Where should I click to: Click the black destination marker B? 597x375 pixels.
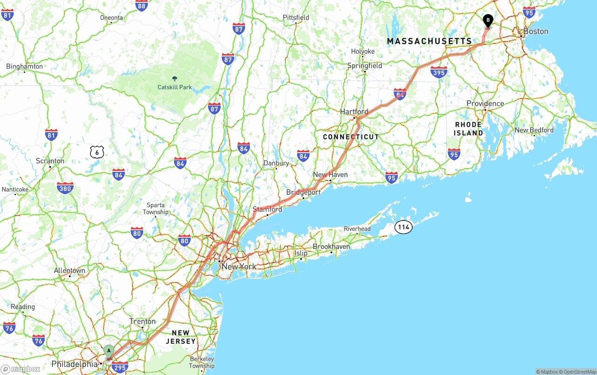point(488,21)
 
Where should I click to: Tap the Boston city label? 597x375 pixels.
point(535,31)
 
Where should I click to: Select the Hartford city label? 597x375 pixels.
point(354,112)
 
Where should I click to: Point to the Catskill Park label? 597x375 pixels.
point(174,87)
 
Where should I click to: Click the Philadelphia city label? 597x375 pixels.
point(74,364)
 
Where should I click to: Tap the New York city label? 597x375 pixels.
point(238,267)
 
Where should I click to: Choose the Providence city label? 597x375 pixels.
point(485,104)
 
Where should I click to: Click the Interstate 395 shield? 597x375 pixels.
point(439,72)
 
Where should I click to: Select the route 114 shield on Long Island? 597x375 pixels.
point(403,227)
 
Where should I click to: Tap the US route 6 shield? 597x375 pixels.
point(97,152)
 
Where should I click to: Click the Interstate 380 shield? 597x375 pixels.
point(65,188)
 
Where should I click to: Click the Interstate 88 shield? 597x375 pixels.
point(142,6)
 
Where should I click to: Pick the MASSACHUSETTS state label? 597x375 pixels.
point(429,41)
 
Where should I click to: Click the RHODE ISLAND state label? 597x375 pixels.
point(468,129)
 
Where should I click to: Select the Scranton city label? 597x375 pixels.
point(50,161)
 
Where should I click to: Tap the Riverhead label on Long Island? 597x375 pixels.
point(357,229)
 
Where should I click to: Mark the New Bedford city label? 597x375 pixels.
point(534,130)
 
